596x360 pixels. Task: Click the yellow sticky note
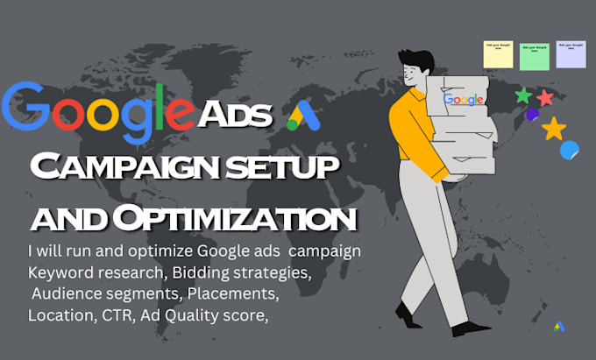pyautogui.click(x=498, y=53)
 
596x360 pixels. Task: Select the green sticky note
pyautogui.click(x=535, y=55)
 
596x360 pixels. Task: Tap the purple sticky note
pyautogui.click(x=571, y=54)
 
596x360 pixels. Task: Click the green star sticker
pyautogui.click(x=524, y=95)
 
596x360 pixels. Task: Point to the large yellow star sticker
pyautogui.click(x=553, y=129)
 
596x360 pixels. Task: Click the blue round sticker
pyautogui.click(x=570, y=150)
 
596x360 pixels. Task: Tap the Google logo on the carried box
pyautogui.click(x=464, y=100)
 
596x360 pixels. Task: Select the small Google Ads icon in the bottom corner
pyautogui.click(x=559, y=327)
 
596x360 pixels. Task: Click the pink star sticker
pyautogui.click(x=545, y=97)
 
